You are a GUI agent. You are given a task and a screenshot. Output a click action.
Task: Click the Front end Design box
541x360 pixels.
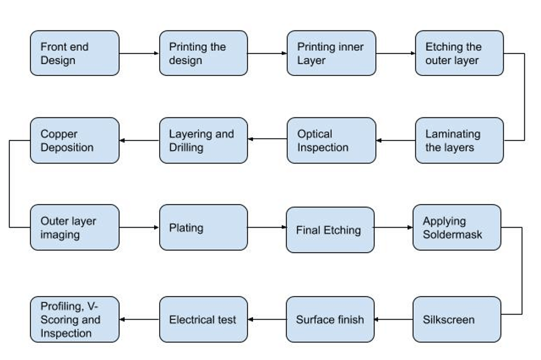coord(74,53)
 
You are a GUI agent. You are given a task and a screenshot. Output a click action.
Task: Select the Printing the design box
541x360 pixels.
coord(203,53)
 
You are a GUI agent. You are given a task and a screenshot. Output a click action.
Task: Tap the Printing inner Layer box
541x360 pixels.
coord(331,53)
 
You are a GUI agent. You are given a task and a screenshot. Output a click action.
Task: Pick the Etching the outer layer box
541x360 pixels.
coord(459,53)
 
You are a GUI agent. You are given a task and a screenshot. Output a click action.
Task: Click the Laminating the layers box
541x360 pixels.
coord(459,141)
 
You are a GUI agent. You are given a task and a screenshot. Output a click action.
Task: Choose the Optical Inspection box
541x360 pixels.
coord(331,141)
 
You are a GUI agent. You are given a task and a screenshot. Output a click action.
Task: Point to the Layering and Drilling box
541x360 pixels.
coord(203,141)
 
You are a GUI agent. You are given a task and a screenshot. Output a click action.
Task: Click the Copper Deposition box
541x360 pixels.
coord(74,141)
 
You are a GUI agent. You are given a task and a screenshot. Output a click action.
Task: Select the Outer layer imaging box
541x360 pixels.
coord(74,228)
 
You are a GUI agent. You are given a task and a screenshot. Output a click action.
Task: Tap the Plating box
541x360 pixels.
coord(203,228)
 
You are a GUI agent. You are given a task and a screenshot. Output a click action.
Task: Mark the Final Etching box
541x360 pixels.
coord(330,230)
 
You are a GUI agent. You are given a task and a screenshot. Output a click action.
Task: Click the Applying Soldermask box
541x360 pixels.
coord(456,228)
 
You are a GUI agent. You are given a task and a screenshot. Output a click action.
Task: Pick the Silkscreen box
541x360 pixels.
coord(456,320)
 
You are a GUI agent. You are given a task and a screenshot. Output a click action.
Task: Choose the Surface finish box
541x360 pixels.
coord(330,320)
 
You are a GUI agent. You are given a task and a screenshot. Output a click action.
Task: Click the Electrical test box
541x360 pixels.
coord(203,320)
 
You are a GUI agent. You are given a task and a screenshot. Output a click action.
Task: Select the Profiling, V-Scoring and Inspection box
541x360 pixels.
coord(74,320)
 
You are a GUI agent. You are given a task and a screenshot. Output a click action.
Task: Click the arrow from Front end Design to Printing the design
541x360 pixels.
coord(139,53)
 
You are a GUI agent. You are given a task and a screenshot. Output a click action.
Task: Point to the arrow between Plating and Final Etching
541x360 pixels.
coord(267,228)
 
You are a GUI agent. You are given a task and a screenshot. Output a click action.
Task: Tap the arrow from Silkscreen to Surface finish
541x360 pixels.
coord(394,320)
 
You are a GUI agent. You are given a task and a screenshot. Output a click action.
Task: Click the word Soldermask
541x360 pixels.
coord(452,235)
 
